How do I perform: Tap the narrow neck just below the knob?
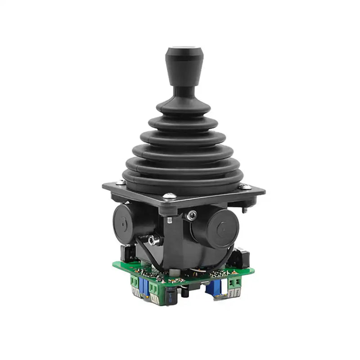click(183, 92)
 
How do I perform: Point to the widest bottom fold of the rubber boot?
click(183, 178)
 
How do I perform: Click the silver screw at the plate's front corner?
click(170, 196)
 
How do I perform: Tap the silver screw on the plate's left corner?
click(120, 182)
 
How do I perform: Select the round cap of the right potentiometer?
click(221, 228)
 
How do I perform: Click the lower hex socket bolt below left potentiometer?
click(154, 241)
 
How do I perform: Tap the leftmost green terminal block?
click(135, 283)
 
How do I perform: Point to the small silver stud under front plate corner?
click(170, 220)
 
